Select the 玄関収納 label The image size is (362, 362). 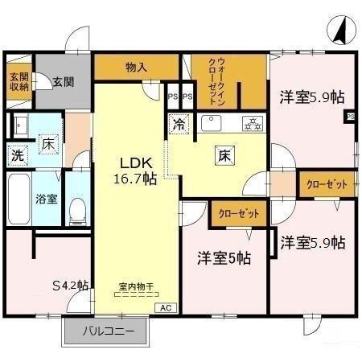[19, 82]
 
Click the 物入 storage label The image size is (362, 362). [137, 68]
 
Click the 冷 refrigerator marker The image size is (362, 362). [177, 125]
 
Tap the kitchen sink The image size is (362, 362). [213, 123]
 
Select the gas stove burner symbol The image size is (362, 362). [253, 124]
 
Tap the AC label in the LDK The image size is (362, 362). [165, 308]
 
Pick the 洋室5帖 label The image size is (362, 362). [224, 259]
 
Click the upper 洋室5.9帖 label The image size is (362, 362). [312, 98]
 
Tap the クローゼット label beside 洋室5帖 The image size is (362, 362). [238, 215]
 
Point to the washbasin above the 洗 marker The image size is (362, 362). [20, 125]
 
